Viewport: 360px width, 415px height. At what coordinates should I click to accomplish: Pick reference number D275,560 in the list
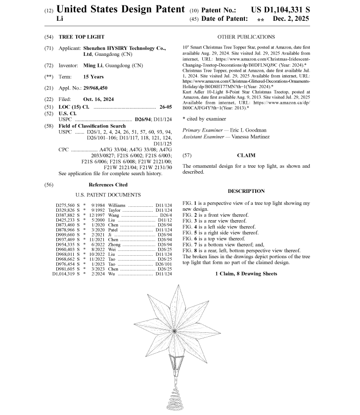63,205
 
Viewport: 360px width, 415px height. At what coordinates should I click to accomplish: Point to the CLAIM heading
247,155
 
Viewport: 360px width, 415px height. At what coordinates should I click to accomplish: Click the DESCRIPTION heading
246,191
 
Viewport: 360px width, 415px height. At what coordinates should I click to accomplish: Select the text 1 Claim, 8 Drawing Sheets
246,274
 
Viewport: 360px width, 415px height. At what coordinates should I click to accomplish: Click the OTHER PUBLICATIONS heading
246,37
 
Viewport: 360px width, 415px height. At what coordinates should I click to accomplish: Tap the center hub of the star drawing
174,330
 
